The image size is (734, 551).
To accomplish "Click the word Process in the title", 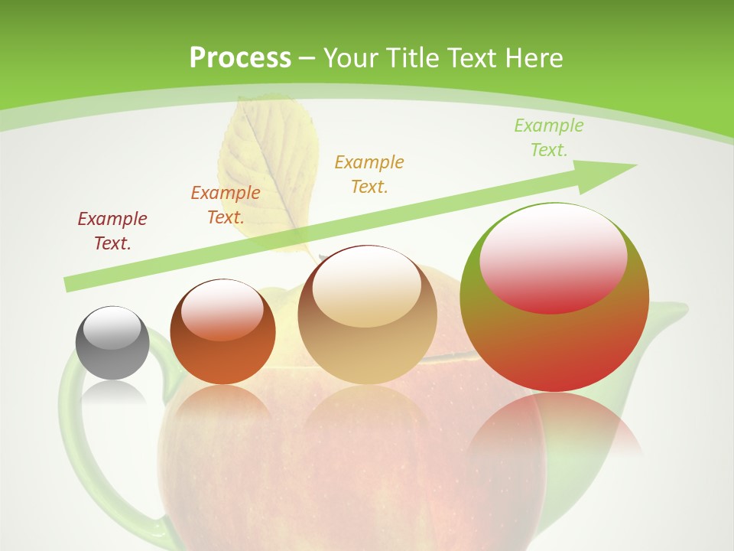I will [x=240, y=58].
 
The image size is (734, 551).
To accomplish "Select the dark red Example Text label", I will [x=112, y=231].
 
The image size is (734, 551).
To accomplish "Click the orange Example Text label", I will [x=226, y=205].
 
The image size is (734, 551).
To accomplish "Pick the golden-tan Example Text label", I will [x=369, y=174].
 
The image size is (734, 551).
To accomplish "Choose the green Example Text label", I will [x=548, y=138].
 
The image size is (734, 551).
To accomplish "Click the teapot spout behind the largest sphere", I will [x=669, y=314].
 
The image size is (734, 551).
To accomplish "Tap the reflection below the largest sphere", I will [x=554, y=429].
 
